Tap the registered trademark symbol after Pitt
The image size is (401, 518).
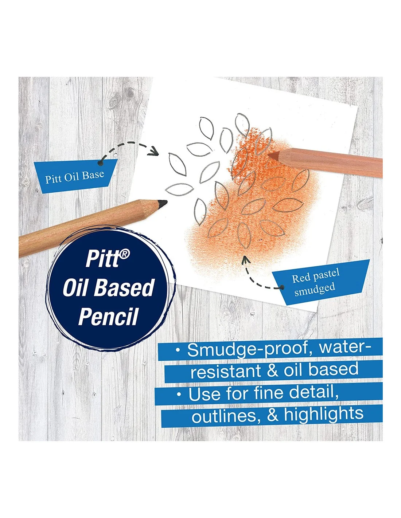125,254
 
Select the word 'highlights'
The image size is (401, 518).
324,414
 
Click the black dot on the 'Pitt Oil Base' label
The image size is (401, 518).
100,163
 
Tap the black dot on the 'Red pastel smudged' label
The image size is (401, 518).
283,287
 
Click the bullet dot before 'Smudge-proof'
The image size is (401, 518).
178,350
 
